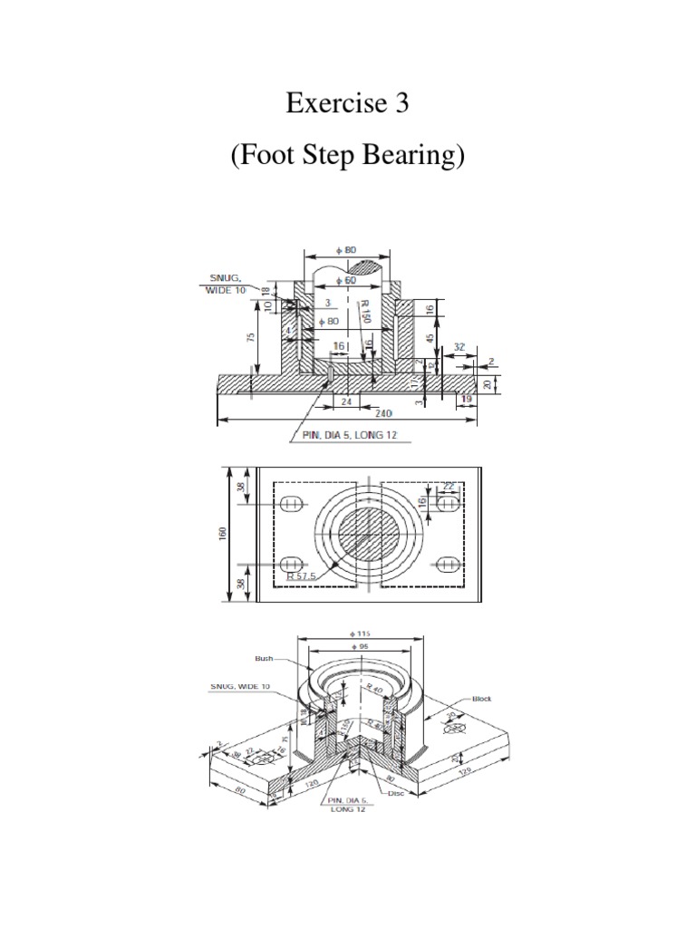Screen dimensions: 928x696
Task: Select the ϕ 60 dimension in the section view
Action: [344, 281]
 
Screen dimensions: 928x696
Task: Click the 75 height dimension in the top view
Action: [252, 336]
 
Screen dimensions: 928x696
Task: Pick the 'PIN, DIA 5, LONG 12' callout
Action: [351, 437]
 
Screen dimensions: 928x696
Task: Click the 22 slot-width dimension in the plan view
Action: [449, 487]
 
